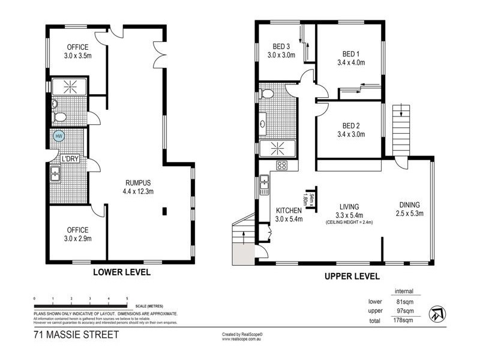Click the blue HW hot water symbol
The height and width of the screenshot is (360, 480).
click(x=59, y=136)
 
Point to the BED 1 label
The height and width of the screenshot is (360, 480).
click(x=351, y=53)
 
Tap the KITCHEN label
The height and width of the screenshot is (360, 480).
click(x=289, y=211)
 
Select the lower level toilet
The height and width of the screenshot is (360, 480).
click(x=59, y=117)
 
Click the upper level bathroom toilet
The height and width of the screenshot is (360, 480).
click(x=268, y=93)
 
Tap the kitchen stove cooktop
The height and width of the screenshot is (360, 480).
click(x=282, y=166)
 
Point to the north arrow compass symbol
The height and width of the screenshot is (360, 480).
click(x=436, y=313)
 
